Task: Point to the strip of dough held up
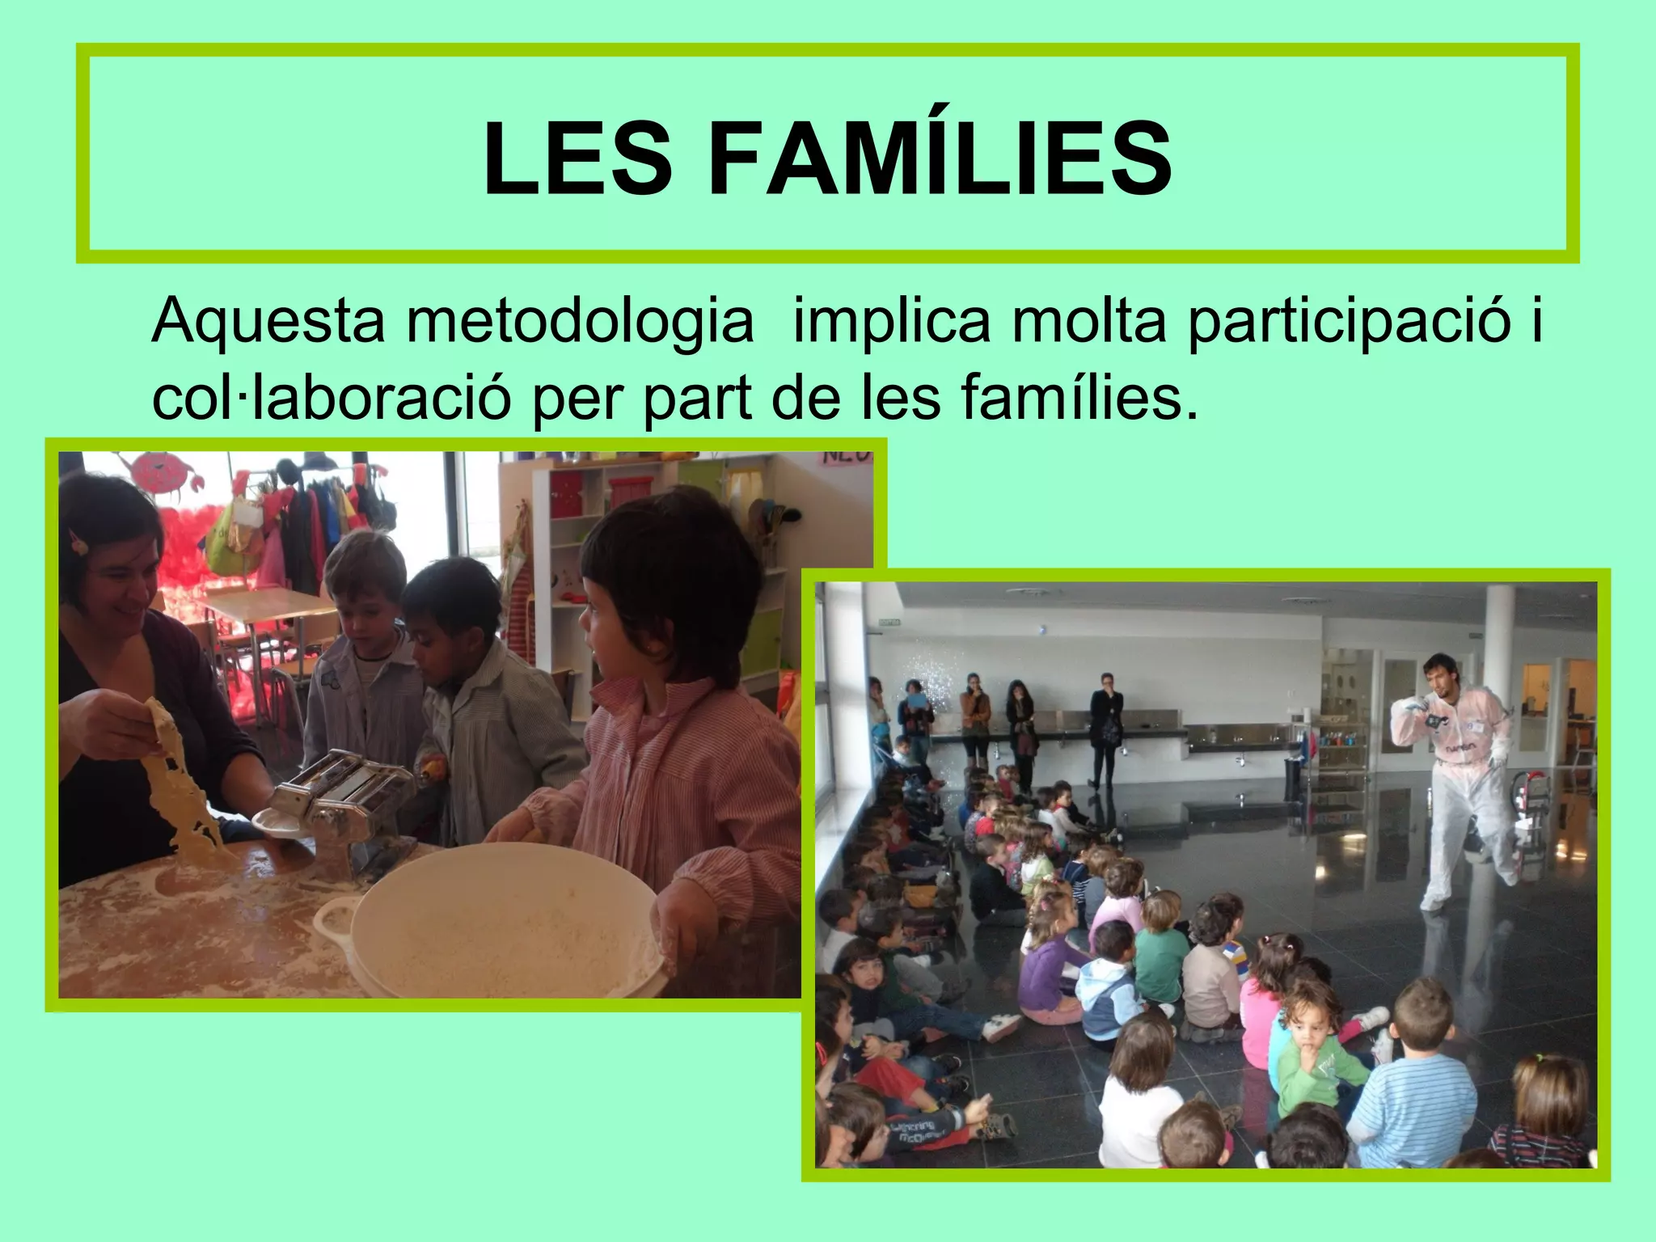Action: [x=182, y=784]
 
